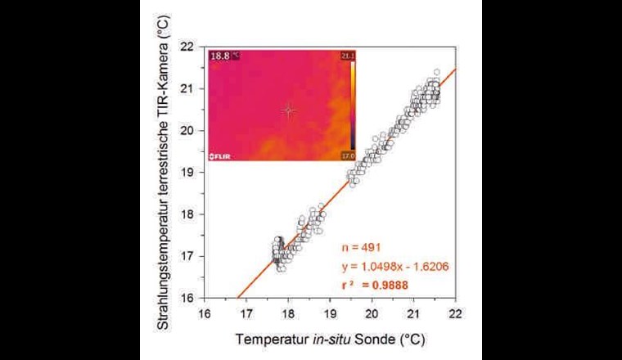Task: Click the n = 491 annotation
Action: (361, 246)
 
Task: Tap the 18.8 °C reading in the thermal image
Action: (224, 56)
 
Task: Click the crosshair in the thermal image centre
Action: (288, 110)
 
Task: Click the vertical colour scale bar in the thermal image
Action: (352, 105)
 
